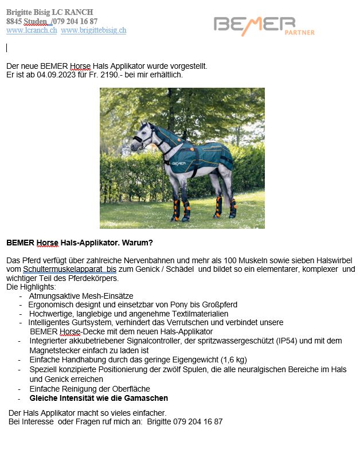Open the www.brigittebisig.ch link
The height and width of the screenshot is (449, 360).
93,30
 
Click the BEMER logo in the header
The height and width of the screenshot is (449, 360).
255,24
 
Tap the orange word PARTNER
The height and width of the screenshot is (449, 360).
299,33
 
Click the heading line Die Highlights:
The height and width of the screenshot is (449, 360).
31,287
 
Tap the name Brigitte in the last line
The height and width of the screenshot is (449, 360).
162,421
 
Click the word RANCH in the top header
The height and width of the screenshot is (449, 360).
79,12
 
